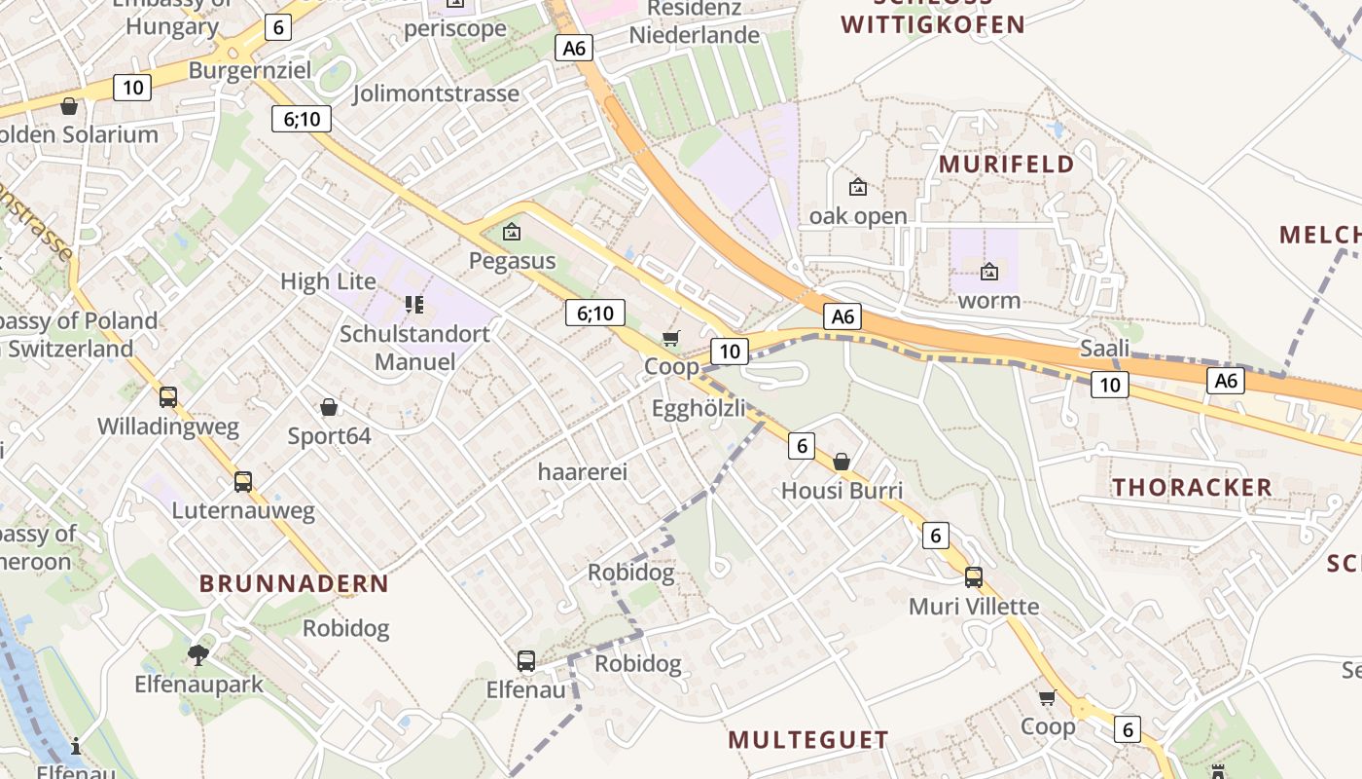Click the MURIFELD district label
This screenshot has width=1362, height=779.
pyautogui.click(x=1006, y=164)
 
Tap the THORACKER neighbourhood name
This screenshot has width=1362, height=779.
pyautogui.click(x=1192, y=487)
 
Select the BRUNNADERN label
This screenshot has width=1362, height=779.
pyautogui.click(x=294, y=583)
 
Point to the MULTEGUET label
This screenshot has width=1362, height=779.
pyautogui.click(x=808, y=740)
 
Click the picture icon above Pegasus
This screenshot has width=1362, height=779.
pyautogui.click(x=512, y=233)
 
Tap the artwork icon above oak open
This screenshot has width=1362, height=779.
pyautogui.click(x=858, y=187)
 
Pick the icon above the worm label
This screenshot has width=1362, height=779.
pyautogui.click(x=989, y=272)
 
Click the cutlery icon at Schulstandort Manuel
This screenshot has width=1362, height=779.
pyautogui.click(x=414, y=305)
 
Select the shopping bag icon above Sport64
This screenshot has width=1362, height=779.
pyautogui.click(x=329, y=407)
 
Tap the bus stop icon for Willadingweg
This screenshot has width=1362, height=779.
pyautogui.click(x=168, y=397)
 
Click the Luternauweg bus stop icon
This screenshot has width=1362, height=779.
pyautogui.click(x=243, y=481)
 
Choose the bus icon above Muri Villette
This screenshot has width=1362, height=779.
pyautogui.click(x=974, y=577)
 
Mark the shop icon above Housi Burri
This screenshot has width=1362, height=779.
pyautogui.click(x=842, y=462)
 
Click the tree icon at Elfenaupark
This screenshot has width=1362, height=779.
pyautogui.click(x=198, y=654)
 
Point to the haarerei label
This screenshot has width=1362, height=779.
pyautogui.click(x=583, y=472)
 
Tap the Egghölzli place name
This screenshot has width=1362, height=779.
pyautogui.click(x=699, y=408)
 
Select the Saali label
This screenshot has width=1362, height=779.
pyautogui.click(x=1105, y=349)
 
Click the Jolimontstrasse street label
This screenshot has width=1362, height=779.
pyautogui.click(x=436, y=93)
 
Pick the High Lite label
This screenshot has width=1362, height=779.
pyautogui.click(x=328, y=281)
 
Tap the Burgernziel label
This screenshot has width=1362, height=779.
pyautogui.click(x=250, y=70)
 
